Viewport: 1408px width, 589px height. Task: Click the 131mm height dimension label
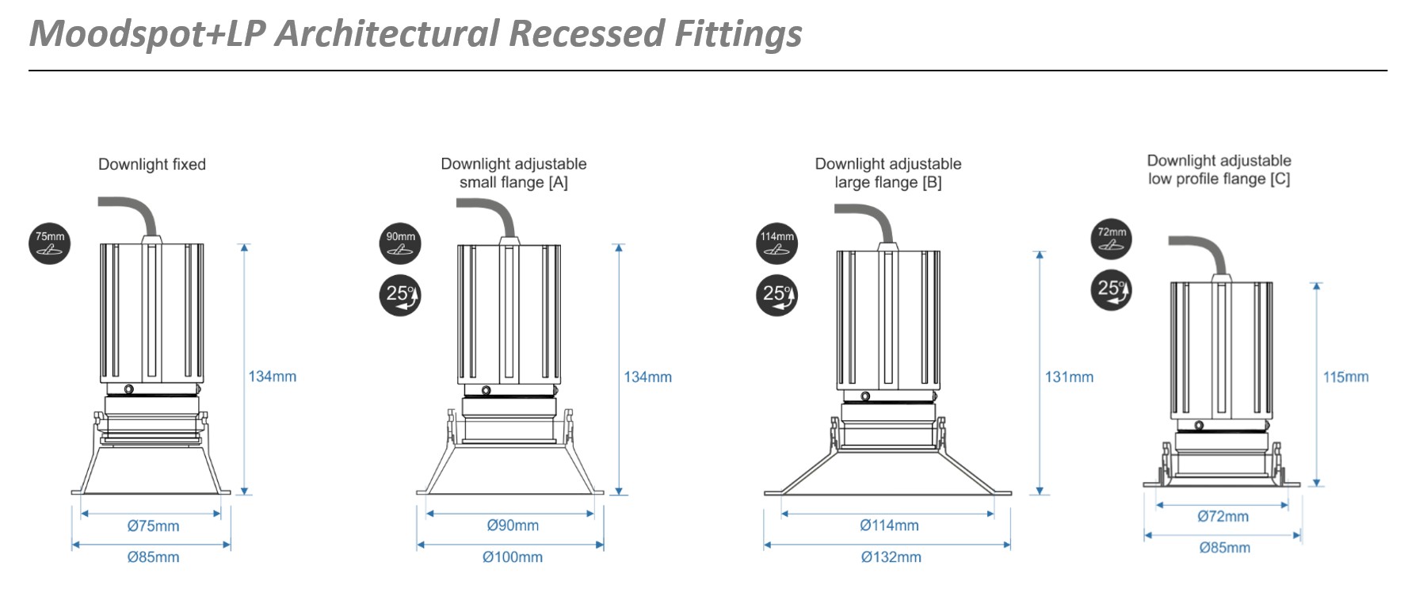click(x=1069, y=377)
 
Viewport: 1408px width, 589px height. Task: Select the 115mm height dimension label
click(x=1345, y=377)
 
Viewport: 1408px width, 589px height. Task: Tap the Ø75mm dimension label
click(x=153, y=526)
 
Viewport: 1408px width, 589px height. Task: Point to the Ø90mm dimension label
click(x=513, y=526)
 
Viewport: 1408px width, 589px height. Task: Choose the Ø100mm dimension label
click(x=513, y=557)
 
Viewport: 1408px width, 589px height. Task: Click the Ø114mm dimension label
click(x=889, y=526)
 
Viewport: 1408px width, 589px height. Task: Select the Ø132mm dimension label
click(x=891, y=557)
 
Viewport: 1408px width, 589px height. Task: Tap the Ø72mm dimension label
click(x=1223, y=517)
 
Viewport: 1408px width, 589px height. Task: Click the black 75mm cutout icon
click(x=50, y=243)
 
